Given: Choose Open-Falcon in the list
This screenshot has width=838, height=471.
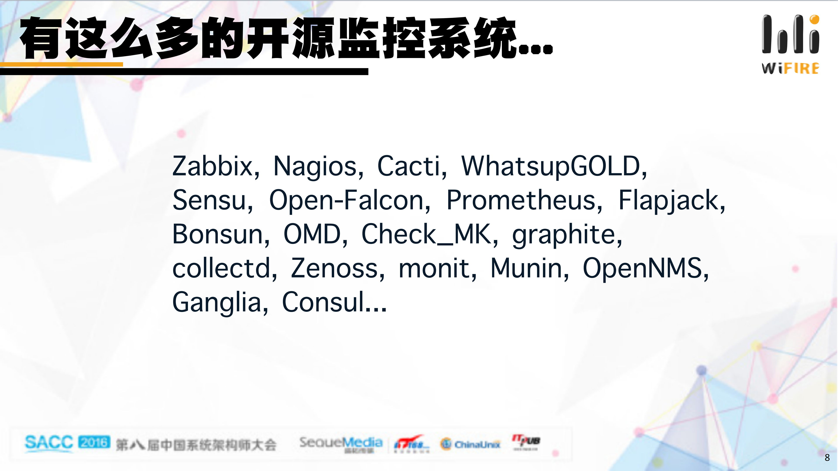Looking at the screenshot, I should pos(346,200).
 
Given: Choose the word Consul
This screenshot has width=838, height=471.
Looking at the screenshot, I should pos(323,302).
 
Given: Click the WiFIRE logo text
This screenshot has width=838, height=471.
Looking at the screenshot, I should pos(790,68).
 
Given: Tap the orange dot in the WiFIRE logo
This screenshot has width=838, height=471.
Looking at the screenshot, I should pos(814,19).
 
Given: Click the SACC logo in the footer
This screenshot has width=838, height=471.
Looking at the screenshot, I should pos(49,443).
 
